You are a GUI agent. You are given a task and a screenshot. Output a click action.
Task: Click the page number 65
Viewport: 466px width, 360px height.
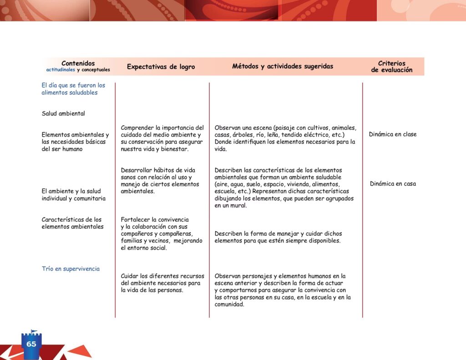click(31, 344)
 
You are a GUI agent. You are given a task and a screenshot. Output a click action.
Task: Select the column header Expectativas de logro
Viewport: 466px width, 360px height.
click(161, 67)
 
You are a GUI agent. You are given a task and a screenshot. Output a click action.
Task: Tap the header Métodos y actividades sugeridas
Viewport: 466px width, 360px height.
click(283, 66)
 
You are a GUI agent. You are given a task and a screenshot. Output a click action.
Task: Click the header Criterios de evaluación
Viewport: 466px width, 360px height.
click(392, 67)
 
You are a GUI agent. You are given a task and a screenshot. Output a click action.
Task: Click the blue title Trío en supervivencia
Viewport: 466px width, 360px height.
click(71, 269)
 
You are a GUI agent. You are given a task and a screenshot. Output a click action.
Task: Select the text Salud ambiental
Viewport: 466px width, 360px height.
click(63, 114)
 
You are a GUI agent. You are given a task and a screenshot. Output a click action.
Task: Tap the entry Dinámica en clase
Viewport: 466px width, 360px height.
click(393, 134)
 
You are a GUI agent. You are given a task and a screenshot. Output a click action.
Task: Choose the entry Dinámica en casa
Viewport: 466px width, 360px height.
click(393, 184)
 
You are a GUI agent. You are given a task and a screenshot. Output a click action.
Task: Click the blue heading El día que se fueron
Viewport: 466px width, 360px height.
click(73, 86)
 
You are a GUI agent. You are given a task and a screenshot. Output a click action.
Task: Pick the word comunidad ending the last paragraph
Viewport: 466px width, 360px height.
click(229, 305)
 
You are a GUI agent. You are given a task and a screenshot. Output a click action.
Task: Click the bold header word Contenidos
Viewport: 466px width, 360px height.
click(78, 64)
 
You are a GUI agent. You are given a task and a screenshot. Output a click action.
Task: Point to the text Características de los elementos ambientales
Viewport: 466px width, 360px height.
click(72, 223)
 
